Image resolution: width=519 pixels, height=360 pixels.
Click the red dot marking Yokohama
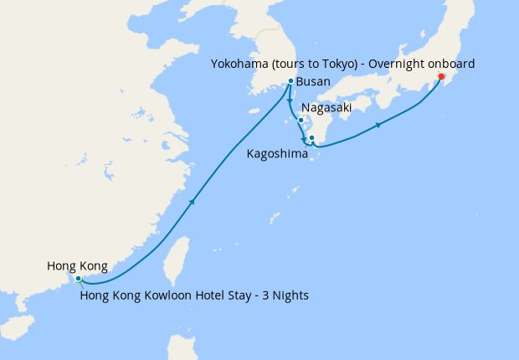[x=441, y=79]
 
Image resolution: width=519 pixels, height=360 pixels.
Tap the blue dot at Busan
[x=290, y=81]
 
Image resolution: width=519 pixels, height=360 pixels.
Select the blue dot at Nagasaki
[x=301, y=120]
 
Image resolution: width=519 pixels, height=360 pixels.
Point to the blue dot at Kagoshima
[x=311, y=137]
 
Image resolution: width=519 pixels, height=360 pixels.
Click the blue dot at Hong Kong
[x=77, y=278]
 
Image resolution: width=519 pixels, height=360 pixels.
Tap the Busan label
[x=313, y=82]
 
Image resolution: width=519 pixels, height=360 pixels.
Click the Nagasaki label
[x=326, y=108]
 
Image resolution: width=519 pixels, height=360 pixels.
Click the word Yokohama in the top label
[x=240, y=64]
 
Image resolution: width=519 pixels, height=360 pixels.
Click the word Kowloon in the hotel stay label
[x=176, y=295]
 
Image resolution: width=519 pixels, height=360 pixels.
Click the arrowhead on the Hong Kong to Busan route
[x=194, y=201]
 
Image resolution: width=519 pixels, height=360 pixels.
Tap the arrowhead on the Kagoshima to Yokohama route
[x=379, y=125]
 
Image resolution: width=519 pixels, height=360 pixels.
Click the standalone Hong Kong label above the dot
[x=77, y=266]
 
